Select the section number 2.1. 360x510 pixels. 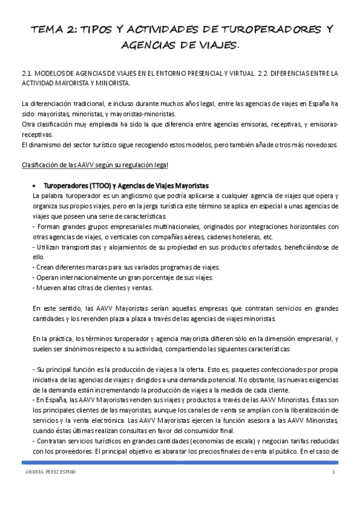coord(27,73)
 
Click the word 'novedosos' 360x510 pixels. coord(319,144)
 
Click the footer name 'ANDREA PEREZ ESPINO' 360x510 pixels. coord(46,473)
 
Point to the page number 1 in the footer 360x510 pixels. coord(332,473)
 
